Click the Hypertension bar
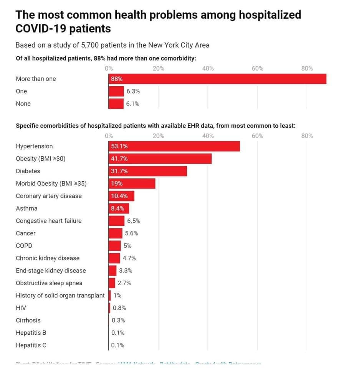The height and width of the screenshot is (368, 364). tap(174, 146)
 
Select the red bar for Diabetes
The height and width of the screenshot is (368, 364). tap(148, 171)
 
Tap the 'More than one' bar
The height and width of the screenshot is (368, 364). tap(217, 79)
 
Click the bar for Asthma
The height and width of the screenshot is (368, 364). tap(119, 208)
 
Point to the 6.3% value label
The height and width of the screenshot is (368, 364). tap(133, 91)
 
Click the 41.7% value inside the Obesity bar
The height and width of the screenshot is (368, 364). tap(119, 159)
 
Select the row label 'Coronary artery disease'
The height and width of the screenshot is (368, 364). tap(49, 196)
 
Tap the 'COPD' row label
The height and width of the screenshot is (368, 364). tap(24, 246)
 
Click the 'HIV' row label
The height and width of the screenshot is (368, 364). tap(21, 308)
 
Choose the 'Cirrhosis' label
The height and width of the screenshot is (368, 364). tap(28, 320)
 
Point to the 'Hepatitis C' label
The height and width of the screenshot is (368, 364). tap(31, 345)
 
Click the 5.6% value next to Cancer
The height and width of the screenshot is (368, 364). tap(131, 233)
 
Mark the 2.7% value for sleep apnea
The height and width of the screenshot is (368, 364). tap(124, 283)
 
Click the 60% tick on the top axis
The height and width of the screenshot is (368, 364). tap(257, 69)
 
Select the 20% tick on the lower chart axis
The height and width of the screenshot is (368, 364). tap(158, 136)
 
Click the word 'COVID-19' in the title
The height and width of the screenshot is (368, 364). tap(39, 29)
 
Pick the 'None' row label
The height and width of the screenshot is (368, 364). tap(23, 103)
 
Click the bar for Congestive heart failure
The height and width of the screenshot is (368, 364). tap(117, 221)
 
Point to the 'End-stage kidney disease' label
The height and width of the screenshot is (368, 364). tap(51, 271)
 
